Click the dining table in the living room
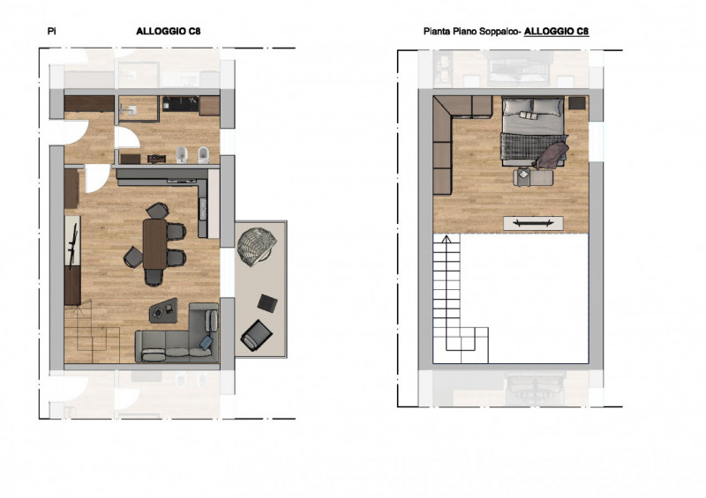click(155, 243)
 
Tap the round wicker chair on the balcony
click(256, 247)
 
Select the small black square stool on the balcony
click(267, 302)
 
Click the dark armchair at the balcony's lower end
click(257, 335)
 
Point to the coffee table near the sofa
click(163, 310)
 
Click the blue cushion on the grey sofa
click(207, 342)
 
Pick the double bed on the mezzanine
click(534, 131)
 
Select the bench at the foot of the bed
click(534, 177)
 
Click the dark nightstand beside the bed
click(577, 103)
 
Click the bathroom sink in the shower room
click(129, 109)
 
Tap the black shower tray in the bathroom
click(180, 104)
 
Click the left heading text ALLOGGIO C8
click(169, 31)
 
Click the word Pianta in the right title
click(434, 32)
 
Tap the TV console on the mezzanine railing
click(533, 223)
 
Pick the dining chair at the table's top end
click(158, 211)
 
